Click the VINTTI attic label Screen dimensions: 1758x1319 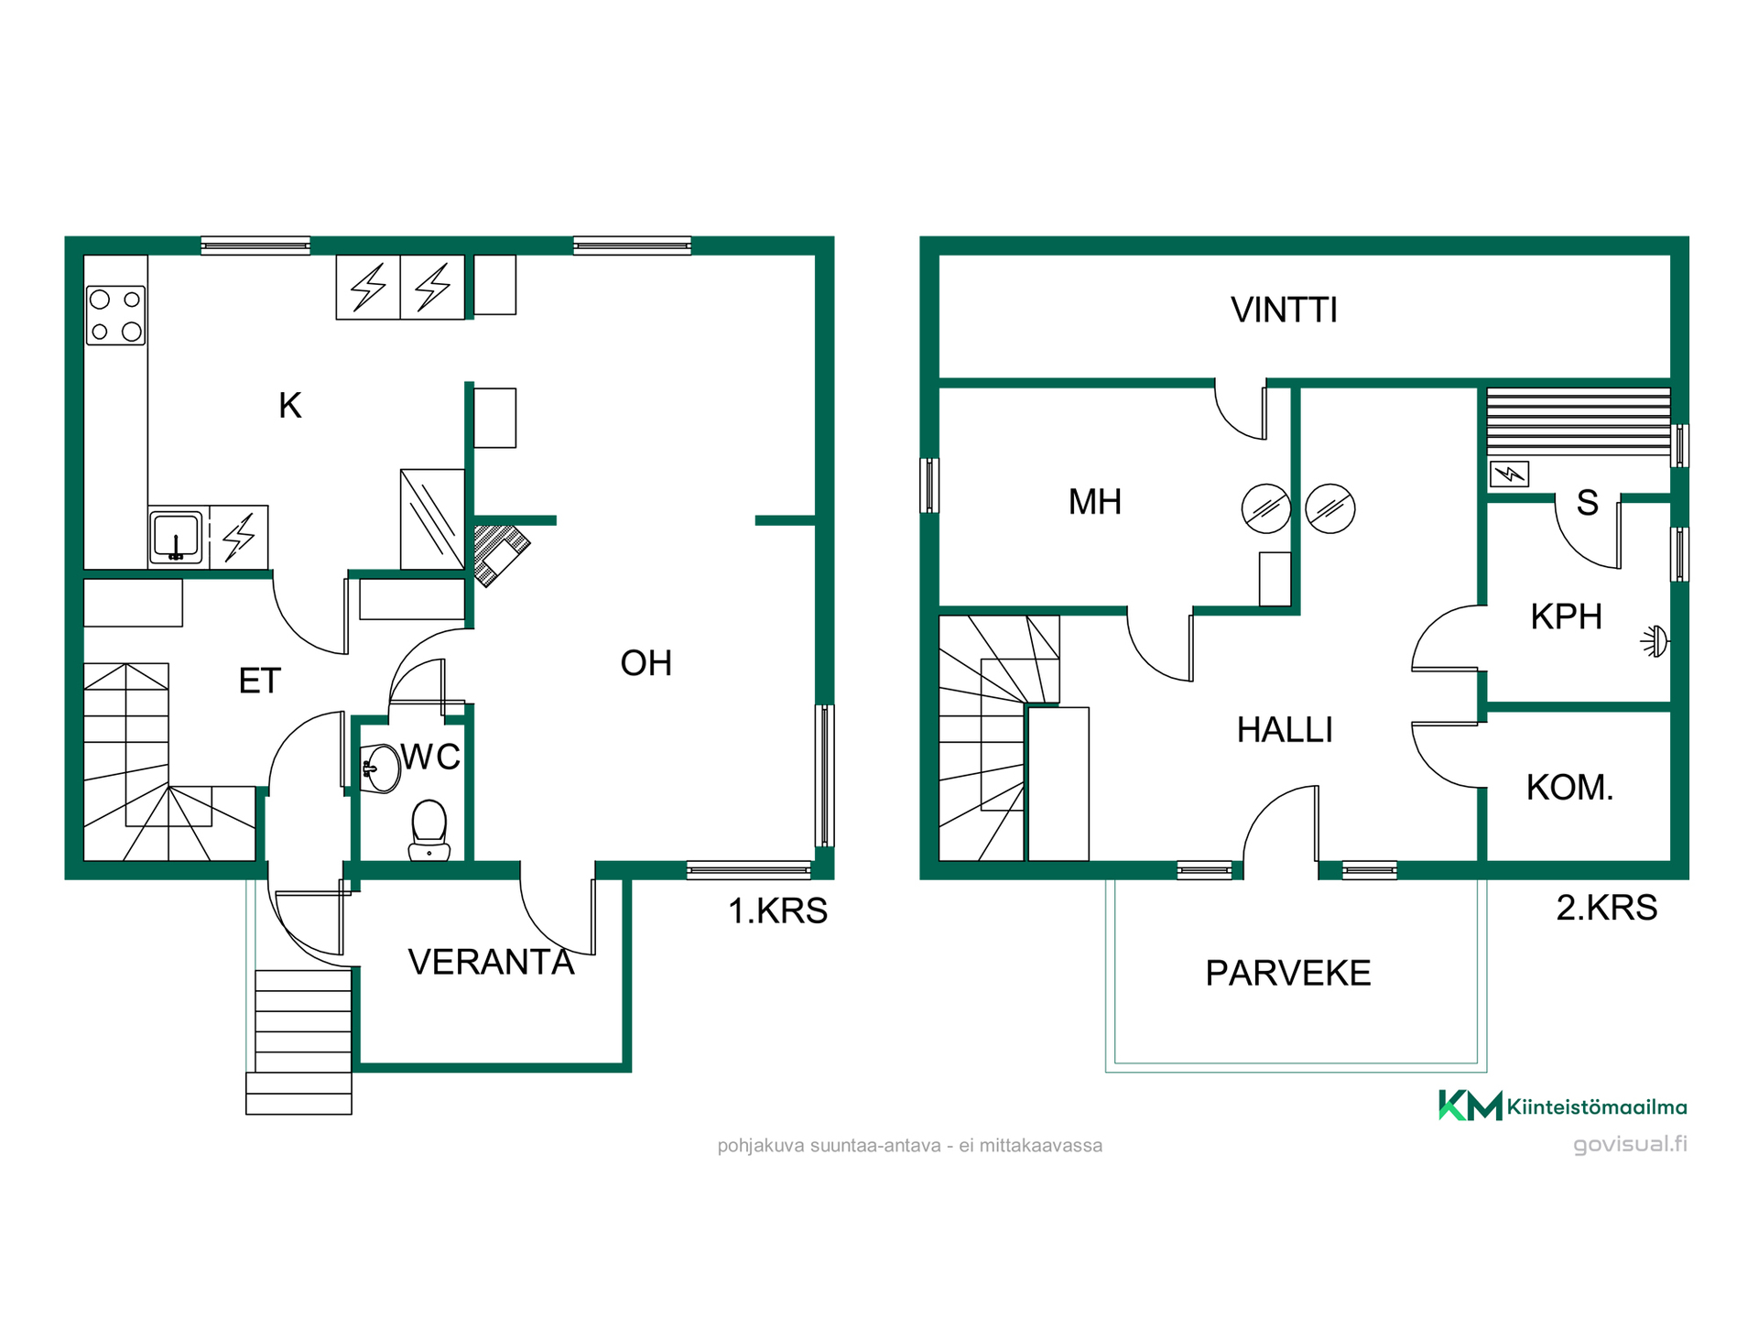click(1284, 311)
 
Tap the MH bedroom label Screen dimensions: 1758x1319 click(1095, 502)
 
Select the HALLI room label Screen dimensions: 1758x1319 click(1285, 730)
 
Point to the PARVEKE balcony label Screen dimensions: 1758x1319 click(1288, 973)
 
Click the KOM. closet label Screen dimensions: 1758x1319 click(1569, 788)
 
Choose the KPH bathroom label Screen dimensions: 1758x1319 click(1567, 616)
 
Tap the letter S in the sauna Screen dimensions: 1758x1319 click(1588, 503)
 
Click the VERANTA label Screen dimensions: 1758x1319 click(492, 962)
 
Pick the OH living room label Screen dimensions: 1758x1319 click(646, 663)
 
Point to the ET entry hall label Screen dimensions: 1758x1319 click(260, 681)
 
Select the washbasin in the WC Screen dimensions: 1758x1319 click(381, 768)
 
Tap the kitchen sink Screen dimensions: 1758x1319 click(176, 537)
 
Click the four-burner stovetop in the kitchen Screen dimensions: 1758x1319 click(116, 315)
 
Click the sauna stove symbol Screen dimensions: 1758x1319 click(1509, 474)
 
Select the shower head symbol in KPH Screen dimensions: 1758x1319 click(1655, 641)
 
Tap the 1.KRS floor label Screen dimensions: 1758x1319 click(777, 911)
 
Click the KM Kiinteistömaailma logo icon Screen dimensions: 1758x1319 click(1470, 1105)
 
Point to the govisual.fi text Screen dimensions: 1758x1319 click(1630, 1145)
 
